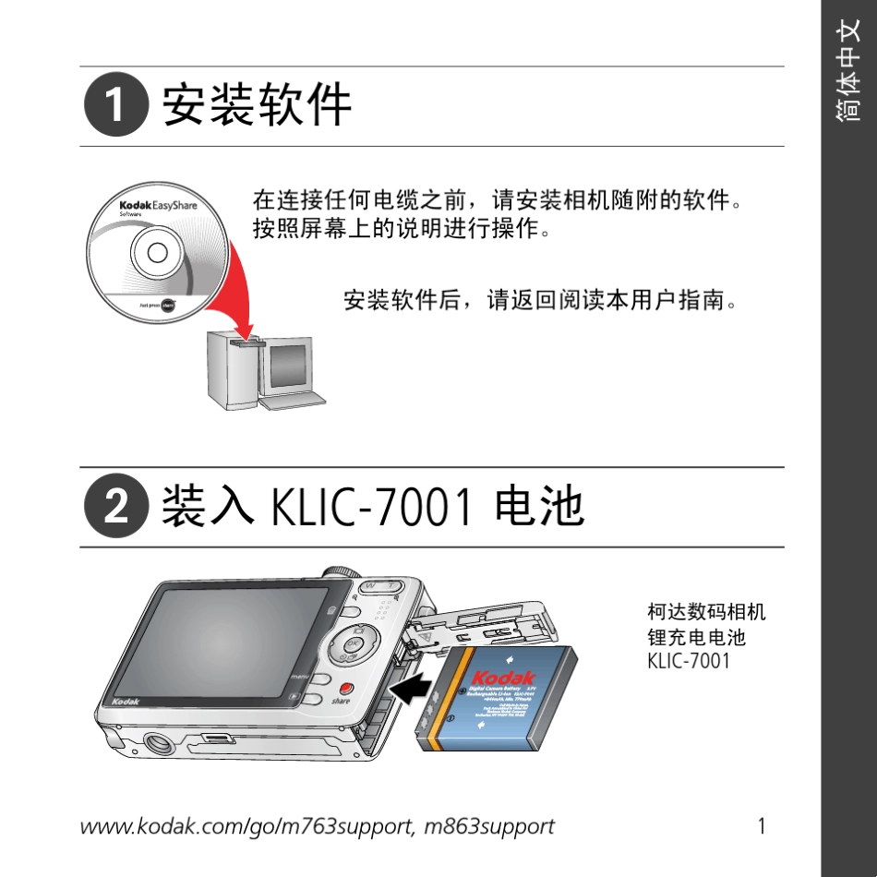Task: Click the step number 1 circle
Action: (x=115, y=106)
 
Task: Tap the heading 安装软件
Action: (x=258, y=105)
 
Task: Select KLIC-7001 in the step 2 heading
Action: (x=374, y=508)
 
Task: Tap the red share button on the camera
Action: (x=345, y=689)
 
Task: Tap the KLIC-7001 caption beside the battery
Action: (x=688, y=661)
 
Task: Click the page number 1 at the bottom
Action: (x=762, y=826)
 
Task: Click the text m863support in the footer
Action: (x=488, y=826)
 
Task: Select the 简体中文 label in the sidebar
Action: (x=848, y=83)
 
